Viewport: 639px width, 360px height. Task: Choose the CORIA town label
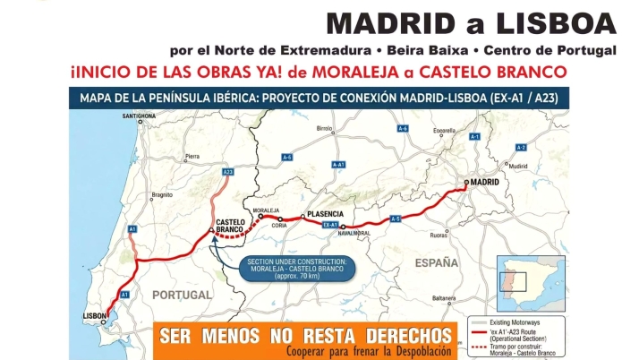coord(279,226)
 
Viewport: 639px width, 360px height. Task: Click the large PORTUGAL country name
coord(182,295)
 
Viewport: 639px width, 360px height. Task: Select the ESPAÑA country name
coord(436,263)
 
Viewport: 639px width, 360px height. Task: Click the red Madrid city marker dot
coord(466,183)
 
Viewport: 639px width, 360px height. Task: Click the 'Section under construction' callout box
coord(297,268)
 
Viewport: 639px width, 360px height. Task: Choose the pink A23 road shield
coord(227,171)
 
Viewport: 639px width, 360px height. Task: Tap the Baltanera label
coord(445,298)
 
